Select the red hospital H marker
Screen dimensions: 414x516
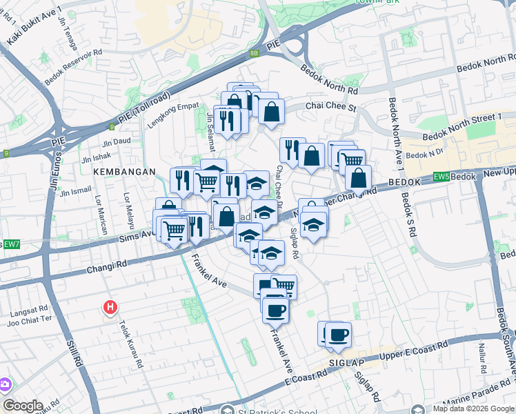pyautogui.click(x=109, y=306)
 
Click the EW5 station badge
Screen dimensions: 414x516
pyautogui.click(x=443, y=177)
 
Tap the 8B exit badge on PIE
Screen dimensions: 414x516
pyautogui.click(x=255, y=52)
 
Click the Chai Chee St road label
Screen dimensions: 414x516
pyautogui.click(x=330, y=107)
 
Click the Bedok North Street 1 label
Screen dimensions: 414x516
pyautogui.click(x=462, y=127)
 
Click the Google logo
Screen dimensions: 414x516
pyautogui.click(x=22, y=405)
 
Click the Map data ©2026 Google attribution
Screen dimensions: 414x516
pyautogui.click(x=473, y=408)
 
